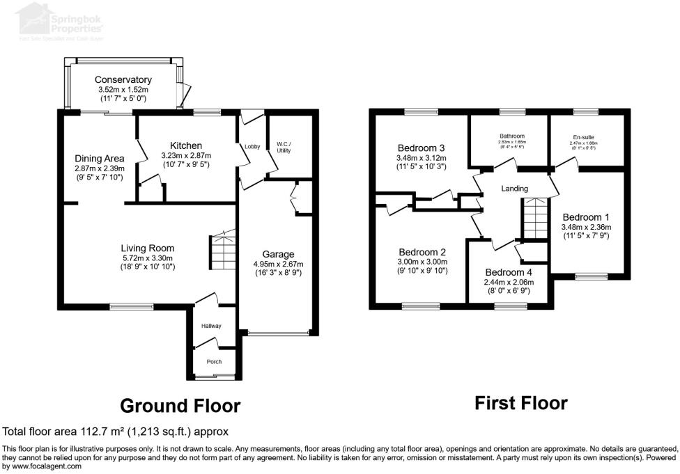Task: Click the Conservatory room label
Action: tap(123, 79)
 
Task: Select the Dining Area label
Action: tap(100, 159)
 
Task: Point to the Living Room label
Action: tap(147, 248)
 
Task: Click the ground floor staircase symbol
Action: tap(222, 252)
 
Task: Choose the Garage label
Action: tap(278, 254)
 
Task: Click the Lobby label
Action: tap(252, 147)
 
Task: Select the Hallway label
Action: tap(212, 326)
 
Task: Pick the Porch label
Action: tap(213, 362)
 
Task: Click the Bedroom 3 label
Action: tap(421, 148)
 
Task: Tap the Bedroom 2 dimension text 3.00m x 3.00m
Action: tap(422, 262)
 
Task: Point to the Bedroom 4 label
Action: tap(509, 272)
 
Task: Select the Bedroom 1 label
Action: tap(586, 216)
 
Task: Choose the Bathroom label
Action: tap(511, 136)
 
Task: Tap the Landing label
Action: tap(515, 189)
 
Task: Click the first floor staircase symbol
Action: tap(535, 218)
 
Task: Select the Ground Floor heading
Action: tap(180, 405)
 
